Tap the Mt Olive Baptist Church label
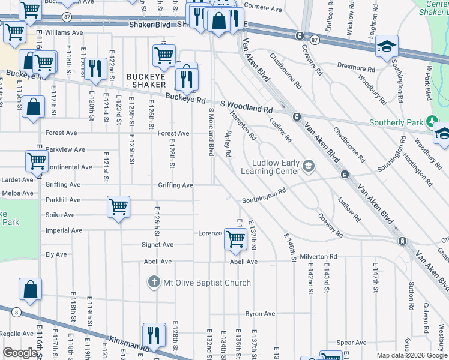[x=201, y=282]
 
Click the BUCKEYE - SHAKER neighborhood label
[x=147, y=80]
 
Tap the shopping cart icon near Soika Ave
[x=119, y=206]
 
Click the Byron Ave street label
[x=260, y=314]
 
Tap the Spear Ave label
[x=352, y=343]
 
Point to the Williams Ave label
[x=64, y=32]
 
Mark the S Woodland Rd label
[x=246, y=107]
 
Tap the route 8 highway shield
[x=16, y=311]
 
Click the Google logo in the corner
[x=20, y=353]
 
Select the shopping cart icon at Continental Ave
[x=37, y=161]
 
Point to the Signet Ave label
[x=157, y=245]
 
